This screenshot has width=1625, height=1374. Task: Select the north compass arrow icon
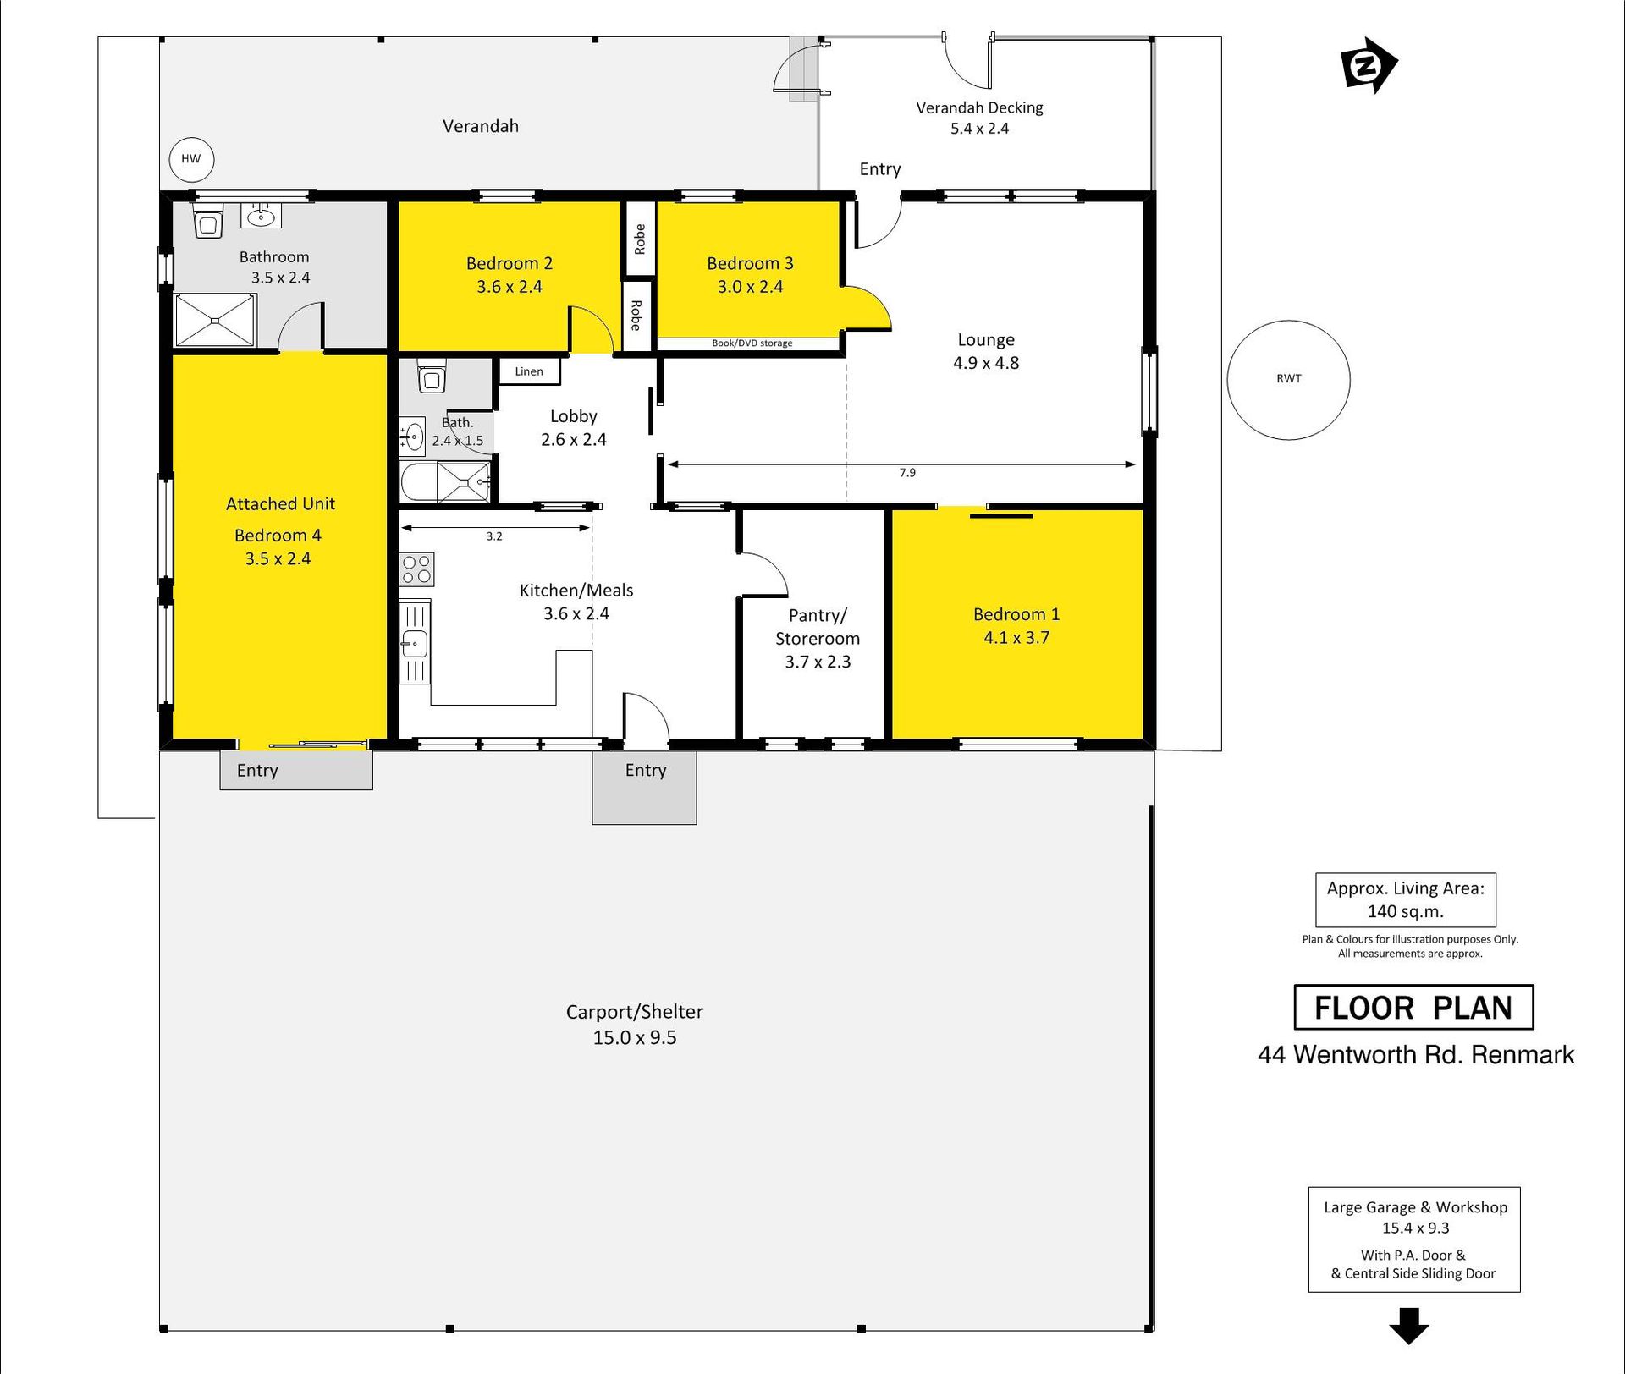(1368, 65)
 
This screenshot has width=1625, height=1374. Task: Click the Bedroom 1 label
(1016, 614)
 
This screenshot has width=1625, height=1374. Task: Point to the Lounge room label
(986, 340)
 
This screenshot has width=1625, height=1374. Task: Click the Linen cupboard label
(529, 371)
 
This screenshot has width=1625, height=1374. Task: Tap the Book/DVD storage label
(752, 343)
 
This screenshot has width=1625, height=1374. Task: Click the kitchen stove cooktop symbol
(416, 569)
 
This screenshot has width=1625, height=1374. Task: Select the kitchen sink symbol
(415, 642)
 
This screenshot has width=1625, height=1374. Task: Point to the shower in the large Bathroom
(215, 320)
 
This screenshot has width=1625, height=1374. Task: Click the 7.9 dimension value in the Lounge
(907, 473)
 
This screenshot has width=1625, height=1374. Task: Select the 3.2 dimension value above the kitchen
(494, 536)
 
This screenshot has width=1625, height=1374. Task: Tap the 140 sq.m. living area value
(1406, 912)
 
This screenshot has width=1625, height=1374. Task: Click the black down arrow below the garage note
(1409, 1326)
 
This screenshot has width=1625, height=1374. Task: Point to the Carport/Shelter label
(635, 1012)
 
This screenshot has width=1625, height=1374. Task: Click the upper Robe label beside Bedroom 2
(640, 239)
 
